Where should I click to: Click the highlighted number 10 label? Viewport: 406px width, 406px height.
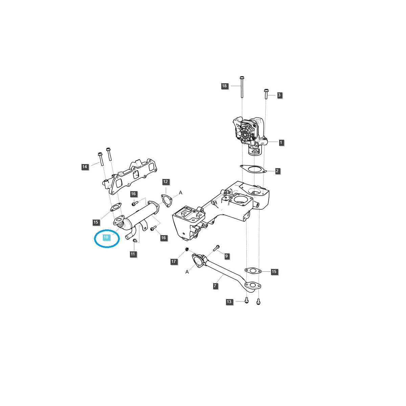click(x=106, y=237)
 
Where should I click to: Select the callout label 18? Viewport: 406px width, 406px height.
click(x=224, y=86)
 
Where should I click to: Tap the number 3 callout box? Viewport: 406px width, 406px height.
click(x=279, y=95)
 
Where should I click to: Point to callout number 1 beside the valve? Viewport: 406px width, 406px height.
click(x=281, y=142)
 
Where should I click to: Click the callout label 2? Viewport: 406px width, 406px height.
click(x=277, y=171)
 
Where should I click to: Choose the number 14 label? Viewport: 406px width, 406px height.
click(x=85, y=166)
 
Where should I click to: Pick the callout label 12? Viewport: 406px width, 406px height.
click(x=165, y=182)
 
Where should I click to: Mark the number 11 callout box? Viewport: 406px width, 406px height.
click(x=133, y=254)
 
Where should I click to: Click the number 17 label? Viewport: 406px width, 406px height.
click(x=174, y=261)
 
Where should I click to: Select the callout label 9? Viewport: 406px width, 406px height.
click(x=226, y=256)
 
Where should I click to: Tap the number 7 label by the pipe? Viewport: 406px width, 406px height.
click(x=215, y=286)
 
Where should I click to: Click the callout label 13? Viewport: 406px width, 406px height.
click(x=229, y=301)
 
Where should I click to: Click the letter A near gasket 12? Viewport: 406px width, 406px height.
click(x=181, y=193)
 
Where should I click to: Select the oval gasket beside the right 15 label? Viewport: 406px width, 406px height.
click(x=253, y=271)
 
